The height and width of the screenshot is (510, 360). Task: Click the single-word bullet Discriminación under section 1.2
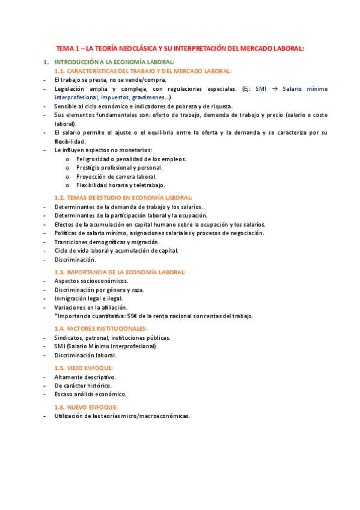(75, 259)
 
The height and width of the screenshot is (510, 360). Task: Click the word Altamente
(70, 376)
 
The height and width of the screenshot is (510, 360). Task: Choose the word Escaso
(64, 394)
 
